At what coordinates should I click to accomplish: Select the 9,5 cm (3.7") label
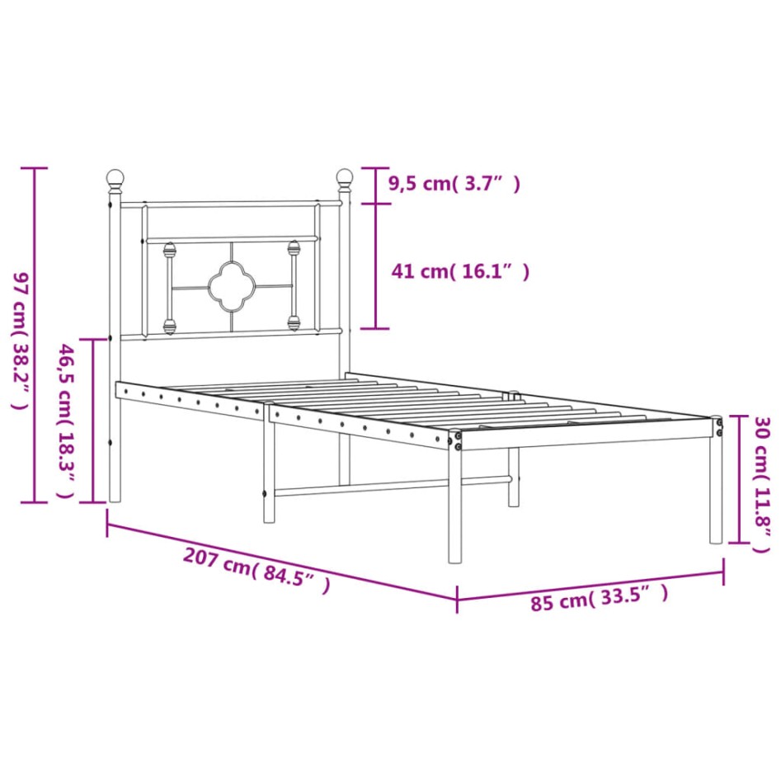click(454, 185)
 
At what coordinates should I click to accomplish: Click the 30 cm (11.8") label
click(762, 485)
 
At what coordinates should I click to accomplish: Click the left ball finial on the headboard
click(115, 177)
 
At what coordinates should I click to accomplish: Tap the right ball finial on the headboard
click(344, 177)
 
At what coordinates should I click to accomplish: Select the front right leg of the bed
click(716, 495)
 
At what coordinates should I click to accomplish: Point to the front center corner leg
click(454, 507)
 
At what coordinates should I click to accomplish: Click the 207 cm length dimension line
click(280, 555)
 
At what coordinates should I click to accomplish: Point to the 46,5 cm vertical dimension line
click(93, 421)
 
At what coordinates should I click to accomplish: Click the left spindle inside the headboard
click(170, 286)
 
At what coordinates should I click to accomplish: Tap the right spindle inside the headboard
click(293, 285)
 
